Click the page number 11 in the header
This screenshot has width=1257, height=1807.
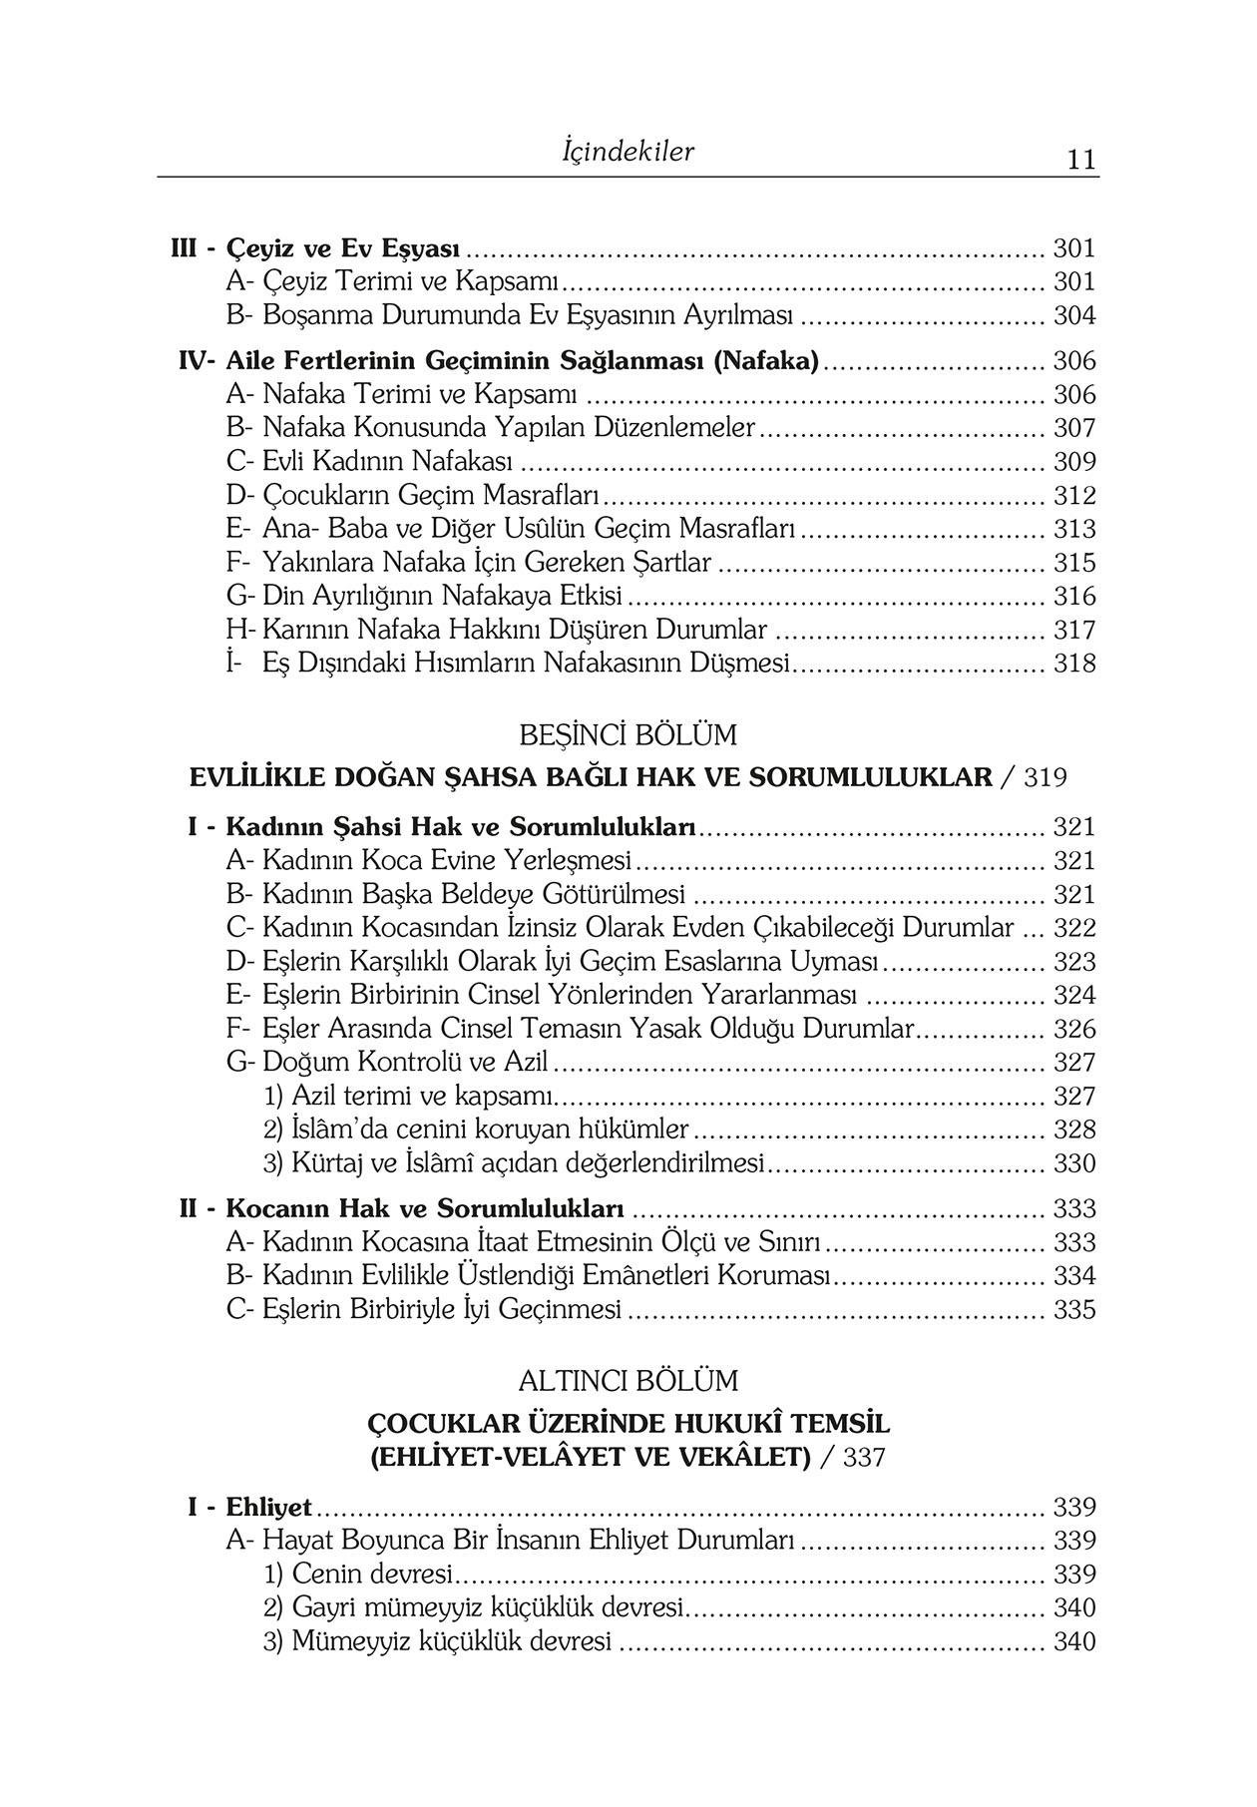1080,160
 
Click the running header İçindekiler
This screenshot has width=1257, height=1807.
628,152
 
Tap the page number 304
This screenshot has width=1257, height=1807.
1074,316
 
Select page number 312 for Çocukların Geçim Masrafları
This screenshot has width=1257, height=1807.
1074,496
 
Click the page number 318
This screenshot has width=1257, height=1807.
1074,664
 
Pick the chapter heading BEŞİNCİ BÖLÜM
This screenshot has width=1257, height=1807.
628,735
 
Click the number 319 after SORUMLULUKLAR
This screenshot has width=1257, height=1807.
1045,777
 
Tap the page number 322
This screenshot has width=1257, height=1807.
1074,928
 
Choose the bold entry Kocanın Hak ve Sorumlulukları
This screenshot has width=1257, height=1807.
425,1209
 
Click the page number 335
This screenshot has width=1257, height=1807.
1074,1310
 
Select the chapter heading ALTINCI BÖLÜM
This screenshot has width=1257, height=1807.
628,1381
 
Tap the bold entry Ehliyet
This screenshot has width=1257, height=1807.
268,1507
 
